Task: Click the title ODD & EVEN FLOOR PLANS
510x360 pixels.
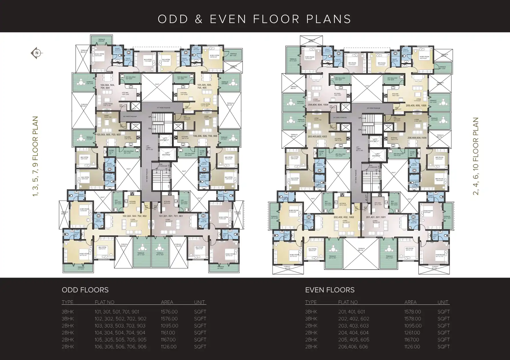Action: [x=254, y=19]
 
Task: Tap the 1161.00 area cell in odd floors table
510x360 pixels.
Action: [x=168, y=333]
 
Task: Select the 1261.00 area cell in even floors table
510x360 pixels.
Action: [x=412, y=333]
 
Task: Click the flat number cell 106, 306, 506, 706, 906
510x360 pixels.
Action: [x=120, y=347]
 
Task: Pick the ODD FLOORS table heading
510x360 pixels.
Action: [x=85, y=290]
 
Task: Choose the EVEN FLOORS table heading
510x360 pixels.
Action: [x=330, y=290]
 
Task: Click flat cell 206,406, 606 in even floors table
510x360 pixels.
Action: [x=353, y=347]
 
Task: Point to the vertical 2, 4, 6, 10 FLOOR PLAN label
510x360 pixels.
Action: [x=475, y=156]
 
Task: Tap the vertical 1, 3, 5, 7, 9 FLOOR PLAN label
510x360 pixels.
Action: [x=35, y=156]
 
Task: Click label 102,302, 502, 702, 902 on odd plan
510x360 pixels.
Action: [x=135, y=216]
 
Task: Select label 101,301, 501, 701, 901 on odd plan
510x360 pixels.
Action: [x=171, y=216]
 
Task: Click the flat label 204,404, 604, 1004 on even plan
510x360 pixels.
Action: [x=318, y=105]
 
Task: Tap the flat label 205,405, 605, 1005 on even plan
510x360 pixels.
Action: [x=416, y=106]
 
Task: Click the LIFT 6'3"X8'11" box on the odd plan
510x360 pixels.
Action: [x=165, y=139]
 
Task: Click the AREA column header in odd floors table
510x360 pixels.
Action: [x=167, y=302]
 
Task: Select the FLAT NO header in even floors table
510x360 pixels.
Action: [x=348, y=302]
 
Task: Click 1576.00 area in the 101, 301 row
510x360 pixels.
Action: [x=169, y=312]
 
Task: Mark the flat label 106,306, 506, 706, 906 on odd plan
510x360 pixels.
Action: [x=205, y=136]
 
